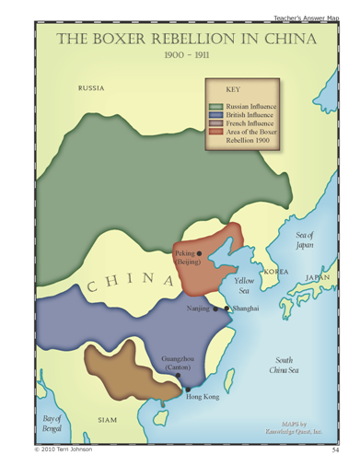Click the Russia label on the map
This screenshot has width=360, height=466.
click(x=91, y=88)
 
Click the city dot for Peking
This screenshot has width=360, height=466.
click(x=199, y=252)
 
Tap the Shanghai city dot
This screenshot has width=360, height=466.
click(x=226, y=309)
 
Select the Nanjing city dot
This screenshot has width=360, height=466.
click(x=215, y=309)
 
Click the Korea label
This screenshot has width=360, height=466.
click(x=276, y=272)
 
